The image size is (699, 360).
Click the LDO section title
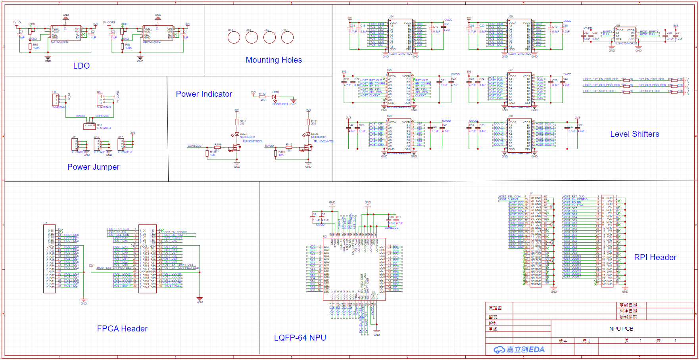click(x=81, y=66)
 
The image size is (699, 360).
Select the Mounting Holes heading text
click(x=274, y=60)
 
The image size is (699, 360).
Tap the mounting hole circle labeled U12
click(x=234, y=38)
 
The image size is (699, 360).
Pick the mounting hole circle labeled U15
click(x=287, y=38)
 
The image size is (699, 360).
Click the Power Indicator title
click(x=204, y=94)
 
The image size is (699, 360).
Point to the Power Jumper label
click(x=93, y=167)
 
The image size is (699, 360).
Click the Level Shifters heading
click(x=634, y=134)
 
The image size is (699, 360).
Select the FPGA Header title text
click(x=122, y=329)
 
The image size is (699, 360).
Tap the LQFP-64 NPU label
click(x=300, y=338)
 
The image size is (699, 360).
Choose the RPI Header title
click(x=655, y=257)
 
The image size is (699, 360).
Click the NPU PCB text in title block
click(x=621, y=329)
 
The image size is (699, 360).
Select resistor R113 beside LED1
click(x=262, y=97)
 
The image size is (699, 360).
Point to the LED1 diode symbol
click(x=274, y=97)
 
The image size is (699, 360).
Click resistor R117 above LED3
click(x=237, y=122)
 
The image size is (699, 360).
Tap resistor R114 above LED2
click(x=308, y=122)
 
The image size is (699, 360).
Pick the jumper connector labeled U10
click(x=89, y=126)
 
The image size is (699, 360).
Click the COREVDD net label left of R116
click(x=194, y=146)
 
